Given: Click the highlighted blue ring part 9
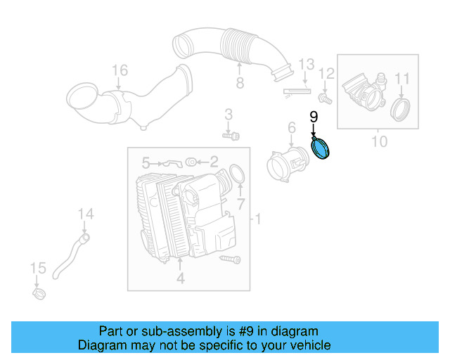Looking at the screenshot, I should pyautogui.click(x=323, y=150).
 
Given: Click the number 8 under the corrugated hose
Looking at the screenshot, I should pyautogui.click(x=239, y=84).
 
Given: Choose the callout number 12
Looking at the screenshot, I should pyautogui.click(x=326, y=73).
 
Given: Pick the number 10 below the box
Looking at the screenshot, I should pyautogui.click(x=379, y=142).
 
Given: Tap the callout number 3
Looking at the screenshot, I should pyautogui.click(x=229, y=114).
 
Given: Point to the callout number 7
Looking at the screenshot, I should pyautogui.click(x=240, y=204).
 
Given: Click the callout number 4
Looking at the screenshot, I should pyautogui.click(x=180, y=279).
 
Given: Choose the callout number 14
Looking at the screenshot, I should pyautogui.click(x=85, y=214).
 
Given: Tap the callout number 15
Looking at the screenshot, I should pyautogui.click(x=38, y=268).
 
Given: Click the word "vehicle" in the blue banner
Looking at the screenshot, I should pyautogui.click(x=305, y=345).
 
